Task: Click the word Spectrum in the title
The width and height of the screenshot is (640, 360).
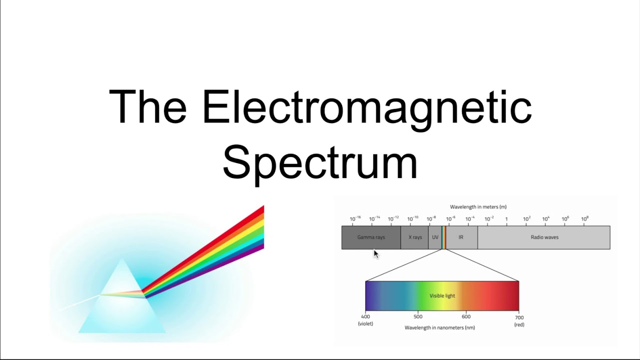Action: click(319, 162)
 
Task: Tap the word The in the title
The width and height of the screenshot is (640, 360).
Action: click(147, 107)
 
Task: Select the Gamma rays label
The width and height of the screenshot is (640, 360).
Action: click(371, 237)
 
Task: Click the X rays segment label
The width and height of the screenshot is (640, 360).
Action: click(415, 237)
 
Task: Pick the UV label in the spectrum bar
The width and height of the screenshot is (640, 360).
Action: click(435, 237)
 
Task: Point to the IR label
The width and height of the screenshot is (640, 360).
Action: click(461, 237)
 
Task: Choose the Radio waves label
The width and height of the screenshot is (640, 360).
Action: click(544, 237)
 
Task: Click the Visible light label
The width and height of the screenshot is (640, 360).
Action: click(442, 296)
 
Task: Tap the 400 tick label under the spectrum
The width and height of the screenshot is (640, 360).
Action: click(365, 316)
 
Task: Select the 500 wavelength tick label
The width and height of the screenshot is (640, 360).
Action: click(418, 316)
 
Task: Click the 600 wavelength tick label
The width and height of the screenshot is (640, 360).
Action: click(466, 316)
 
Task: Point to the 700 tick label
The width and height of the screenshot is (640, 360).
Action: click(519, 317)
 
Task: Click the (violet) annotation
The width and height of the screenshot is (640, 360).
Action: click(365, 324)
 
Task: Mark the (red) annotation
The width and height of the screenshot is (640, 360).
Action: click(519, 324)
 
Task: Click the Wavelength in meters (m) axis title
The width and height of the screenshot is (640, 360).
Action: click(478, 207)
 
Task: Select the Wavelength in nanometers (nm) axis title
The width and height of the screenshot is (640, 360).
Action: click(439, 328)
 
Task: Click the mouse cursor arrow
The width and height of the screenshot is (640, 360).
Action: click(376, 254)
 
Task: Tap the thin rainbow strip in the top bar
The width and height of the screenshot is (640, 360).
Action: click(443, 237)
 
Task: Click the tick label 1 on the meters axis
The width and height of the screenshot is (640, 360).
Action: click(506, 219)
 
